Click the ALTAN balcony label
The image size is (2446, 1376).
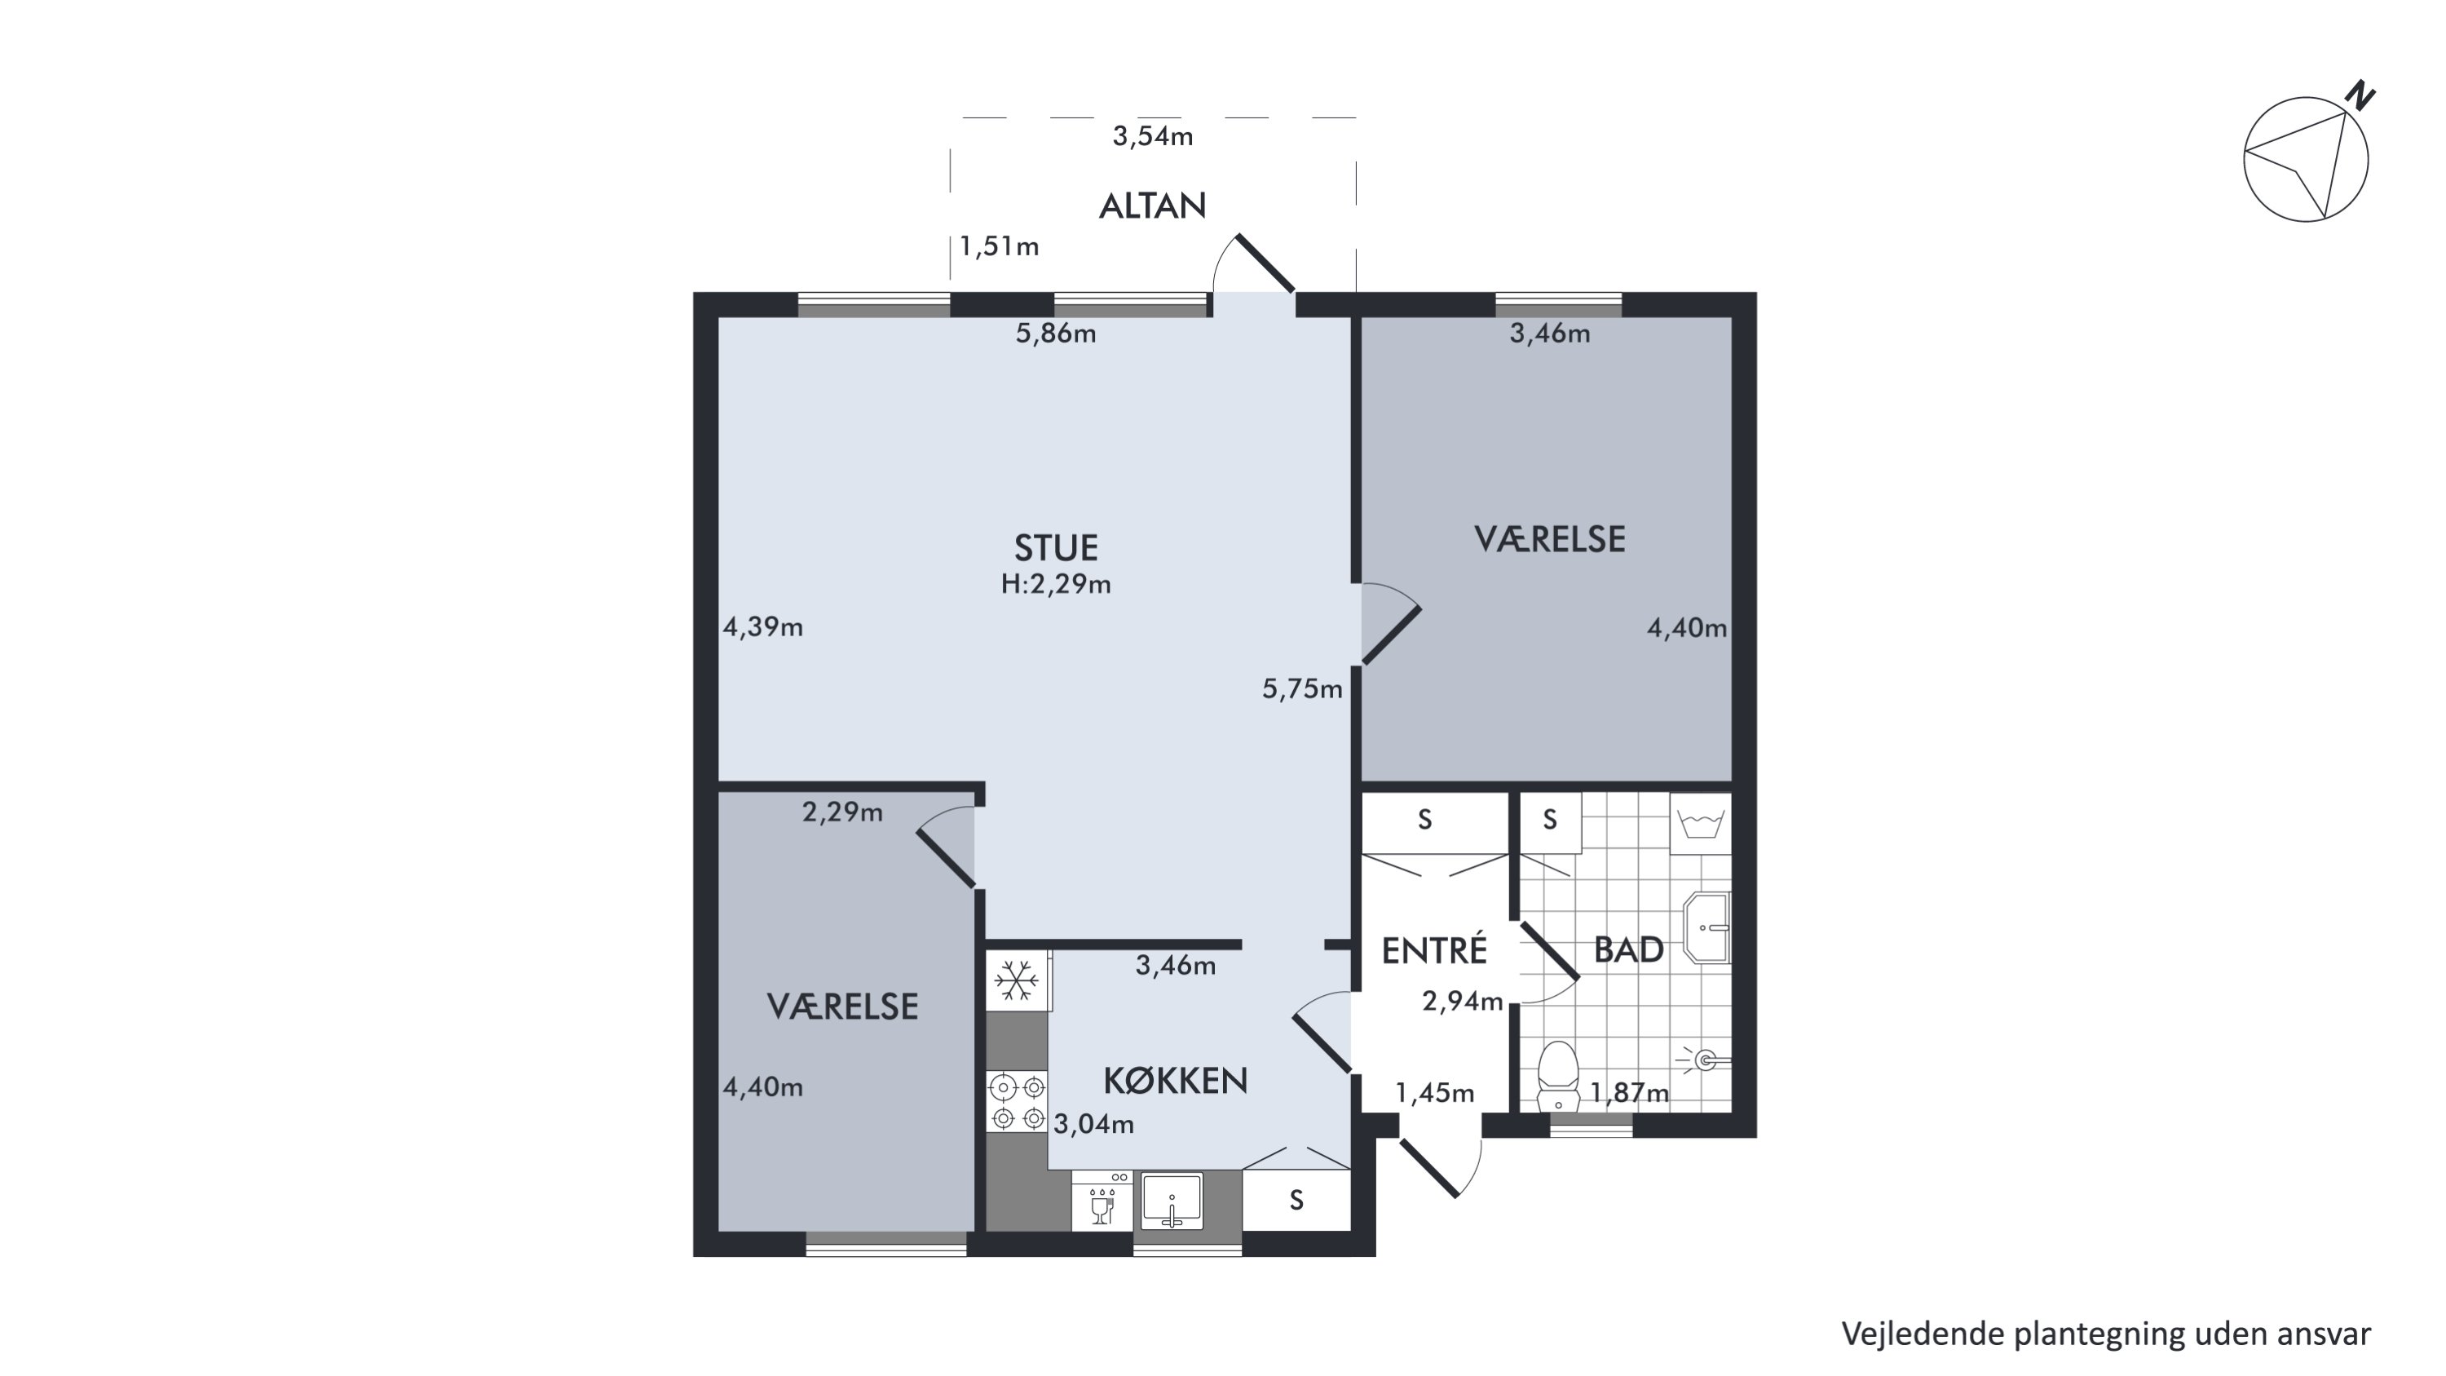click(x=1152, y=206)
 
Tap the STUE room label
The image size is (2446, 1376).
click(x=1056, y=548)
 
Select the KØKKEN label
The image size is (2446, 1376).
click(x=1176, y=1081)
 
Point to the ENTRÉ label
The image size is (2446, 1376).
click(x=1434, y=949)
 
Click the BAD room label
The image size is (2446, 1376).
click(x=1628, y=949)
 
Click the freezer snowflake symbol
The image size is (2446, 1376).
click(x=1016, y=980)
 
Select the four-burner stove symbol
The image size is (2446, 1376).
click(x=1017, y=1102)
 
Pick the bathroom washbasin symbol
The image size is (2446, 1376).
click(x=1706, y=927)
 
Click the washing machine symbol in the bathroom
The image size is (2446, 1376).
click(x=1701, y=823)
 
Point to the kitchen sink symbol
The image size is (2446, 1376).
click(x=1172, y=1201)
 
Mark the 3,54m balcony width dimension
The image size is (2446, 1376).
click(x=1153, y=135)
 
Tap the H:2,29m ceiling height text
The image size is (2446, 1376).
click(x=1056, y=584)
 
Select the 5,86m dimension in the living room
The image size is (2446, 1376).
click(x=1056, y=334)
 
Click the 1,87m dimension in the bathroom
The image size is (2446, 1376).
click(x=1629, y=1093)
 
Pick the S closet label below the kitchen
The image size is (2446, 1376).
click(x=1296, y=1201)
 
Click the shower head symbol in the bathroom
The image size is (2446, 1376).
click(x=1706, y=1060)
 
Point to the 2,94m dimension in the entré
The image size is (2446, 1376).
click(x=1462, y=1001)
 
